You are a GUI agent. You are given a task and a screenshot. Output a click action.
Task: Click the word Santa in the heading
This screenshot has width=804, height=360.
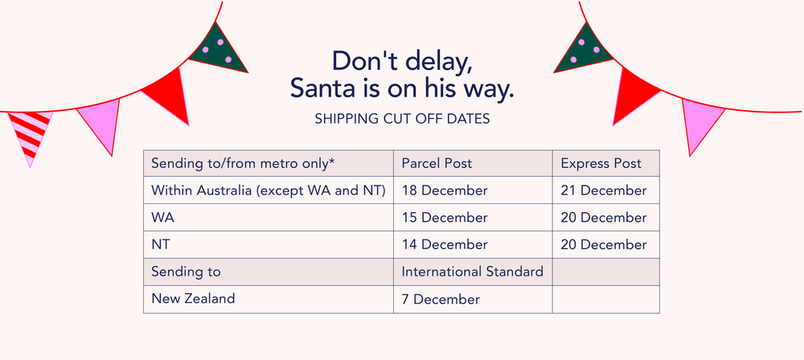324,88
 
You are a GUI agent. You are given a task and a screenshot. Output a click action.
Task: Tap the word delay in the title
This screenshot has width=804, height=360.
434,61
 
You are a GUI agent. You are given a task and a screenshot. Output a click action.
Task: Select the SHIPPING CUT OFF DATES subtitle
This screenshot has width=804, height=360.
403,119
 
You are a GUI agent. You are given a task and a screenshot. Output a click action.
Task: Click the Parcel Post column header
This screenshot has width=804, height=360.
437,164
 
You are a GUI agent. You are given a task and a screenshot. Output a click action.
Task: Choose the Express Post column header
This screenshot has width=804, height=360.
601,164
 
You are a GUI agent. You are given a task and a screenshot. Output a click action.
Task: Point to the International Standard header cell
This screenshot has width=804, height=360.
472,272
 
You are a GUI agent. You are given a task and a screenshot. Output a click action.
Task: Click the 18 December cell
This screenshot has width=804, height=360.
445,190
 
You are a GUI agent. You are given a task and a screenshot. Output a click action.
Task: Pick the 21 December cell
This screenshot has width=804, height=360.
604,190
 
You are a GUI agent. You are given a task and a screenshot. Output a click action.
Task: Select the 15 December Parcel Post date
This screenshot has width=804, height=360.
445,218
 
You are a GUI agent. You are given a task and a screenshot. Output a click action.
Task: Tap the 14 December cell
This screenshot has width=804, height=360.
445,245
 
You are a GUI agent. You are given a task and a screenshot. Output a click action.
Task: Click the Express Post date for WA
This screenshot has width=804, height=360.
604,218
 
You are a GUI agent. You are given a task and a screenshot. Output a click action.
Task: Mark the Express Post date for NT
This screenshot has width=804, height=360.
604,245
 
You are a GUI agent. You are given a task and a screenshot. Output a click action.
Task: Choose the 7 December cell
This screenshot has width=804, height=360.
441,299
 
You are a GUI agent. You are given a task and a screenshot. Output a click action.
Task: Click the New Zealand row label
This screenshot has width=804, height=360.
193,298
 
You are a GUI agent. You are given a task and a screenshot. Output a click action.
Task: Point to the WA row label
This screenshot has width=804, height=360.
162,218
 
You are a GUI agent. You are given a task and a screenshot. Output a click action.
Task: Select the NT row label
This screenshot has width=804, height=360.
161,245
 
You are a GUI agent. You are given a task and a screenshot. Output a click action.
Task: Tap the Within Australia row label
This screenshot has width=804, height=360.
269,190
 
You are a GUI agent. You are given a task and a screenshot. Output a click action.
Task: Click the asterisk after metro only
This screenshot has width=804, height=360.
332,161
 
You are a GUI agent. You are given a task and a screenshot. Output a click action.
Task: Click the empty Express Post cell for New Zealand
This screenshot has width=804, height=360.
606,300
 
